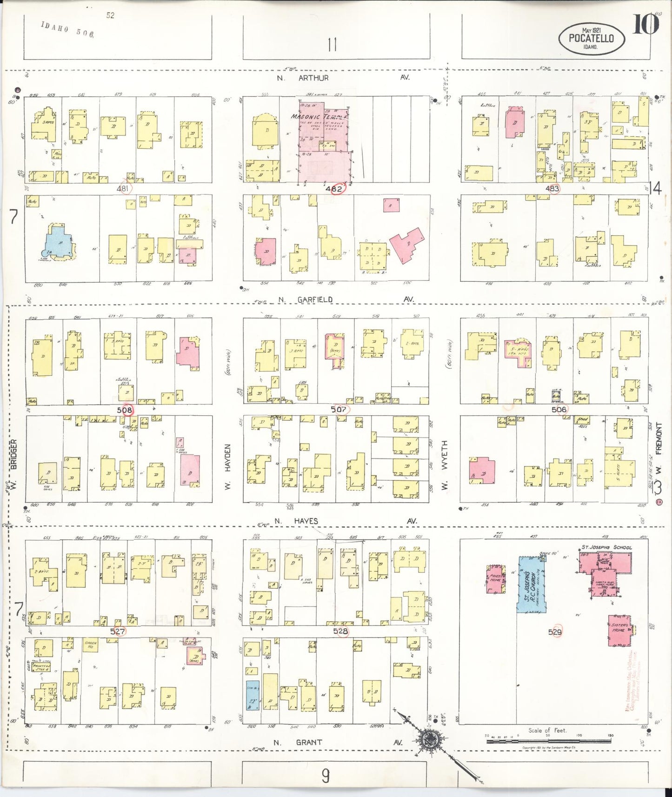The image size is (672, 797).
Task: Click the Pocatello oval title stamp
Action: pos(591,38)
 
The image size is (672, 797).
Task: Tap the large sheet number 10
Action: pos(645,25)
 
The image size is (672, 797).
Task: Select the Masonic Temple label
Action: pos(319,116)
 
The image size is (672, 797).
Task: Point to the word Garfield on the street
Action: pos(315,300)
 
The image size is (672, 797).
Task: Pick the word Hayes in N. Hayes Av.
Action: pos(306,521)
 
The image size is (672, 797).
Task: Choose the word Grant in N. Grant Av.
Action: pos(309,743)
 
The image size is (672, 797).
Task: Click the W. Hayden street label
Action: pos(228,466)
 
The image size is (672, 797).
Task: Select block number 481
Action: pos(123,189)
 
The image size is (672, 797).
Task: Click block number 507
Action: pos(339,410)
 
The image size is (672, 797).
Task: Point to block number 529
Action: pos(555,632)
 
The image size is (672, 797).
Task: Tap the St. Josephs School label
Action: pos(606,547)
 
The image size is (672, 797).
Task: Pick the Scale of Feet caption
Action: pos(547,731)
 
